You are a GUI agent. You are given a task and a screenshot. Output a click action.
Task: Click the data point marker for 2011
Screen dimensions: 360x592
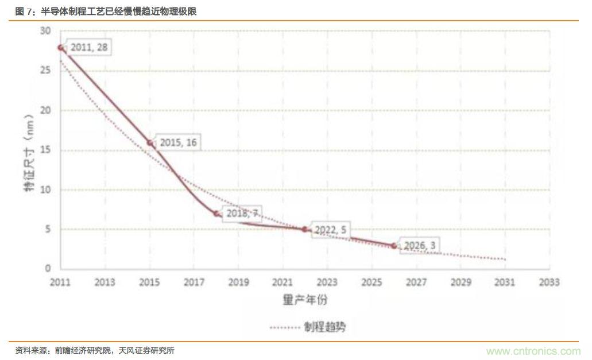click(x=61, y=48)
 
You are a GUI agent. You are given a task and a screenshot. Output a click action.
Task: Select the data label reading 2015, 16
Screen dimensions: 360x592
click(x=179, y=142)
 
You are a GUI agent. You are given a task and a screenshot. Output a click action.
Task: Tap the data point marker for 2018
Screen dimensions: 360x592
click(x=216, y=214)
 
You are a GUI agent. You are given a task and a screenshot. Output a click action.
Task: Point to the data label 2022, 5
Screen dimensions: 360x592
click(x=331, y=229)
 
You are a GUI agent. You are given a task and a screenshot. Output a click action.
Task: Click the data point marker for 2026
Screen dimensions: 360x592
click(x=394, y=246)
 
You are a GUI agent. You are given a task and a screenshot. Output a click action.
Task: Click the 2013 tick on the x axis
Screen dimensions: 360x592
click(x=105, y=282)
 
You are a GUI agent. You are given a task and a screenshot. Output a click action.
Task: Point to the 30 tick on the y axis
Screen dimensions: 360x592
click(x=46, y=31)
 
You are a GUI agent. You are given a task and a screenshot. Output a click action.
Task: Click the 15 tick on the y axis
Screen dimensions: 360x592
click(x=46, y=150)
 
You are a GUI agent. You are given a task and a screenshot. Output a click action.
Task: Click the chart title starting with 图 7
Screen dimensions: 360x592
click(x=106, y=11)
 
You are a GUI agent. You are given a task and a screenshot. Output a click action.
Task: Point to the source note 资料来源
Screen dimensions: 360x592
click(x=95, y=350)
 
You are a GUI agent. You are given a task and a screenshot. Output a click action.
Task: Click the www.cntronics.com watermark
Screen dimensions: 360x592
click(x=533, y=351)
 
